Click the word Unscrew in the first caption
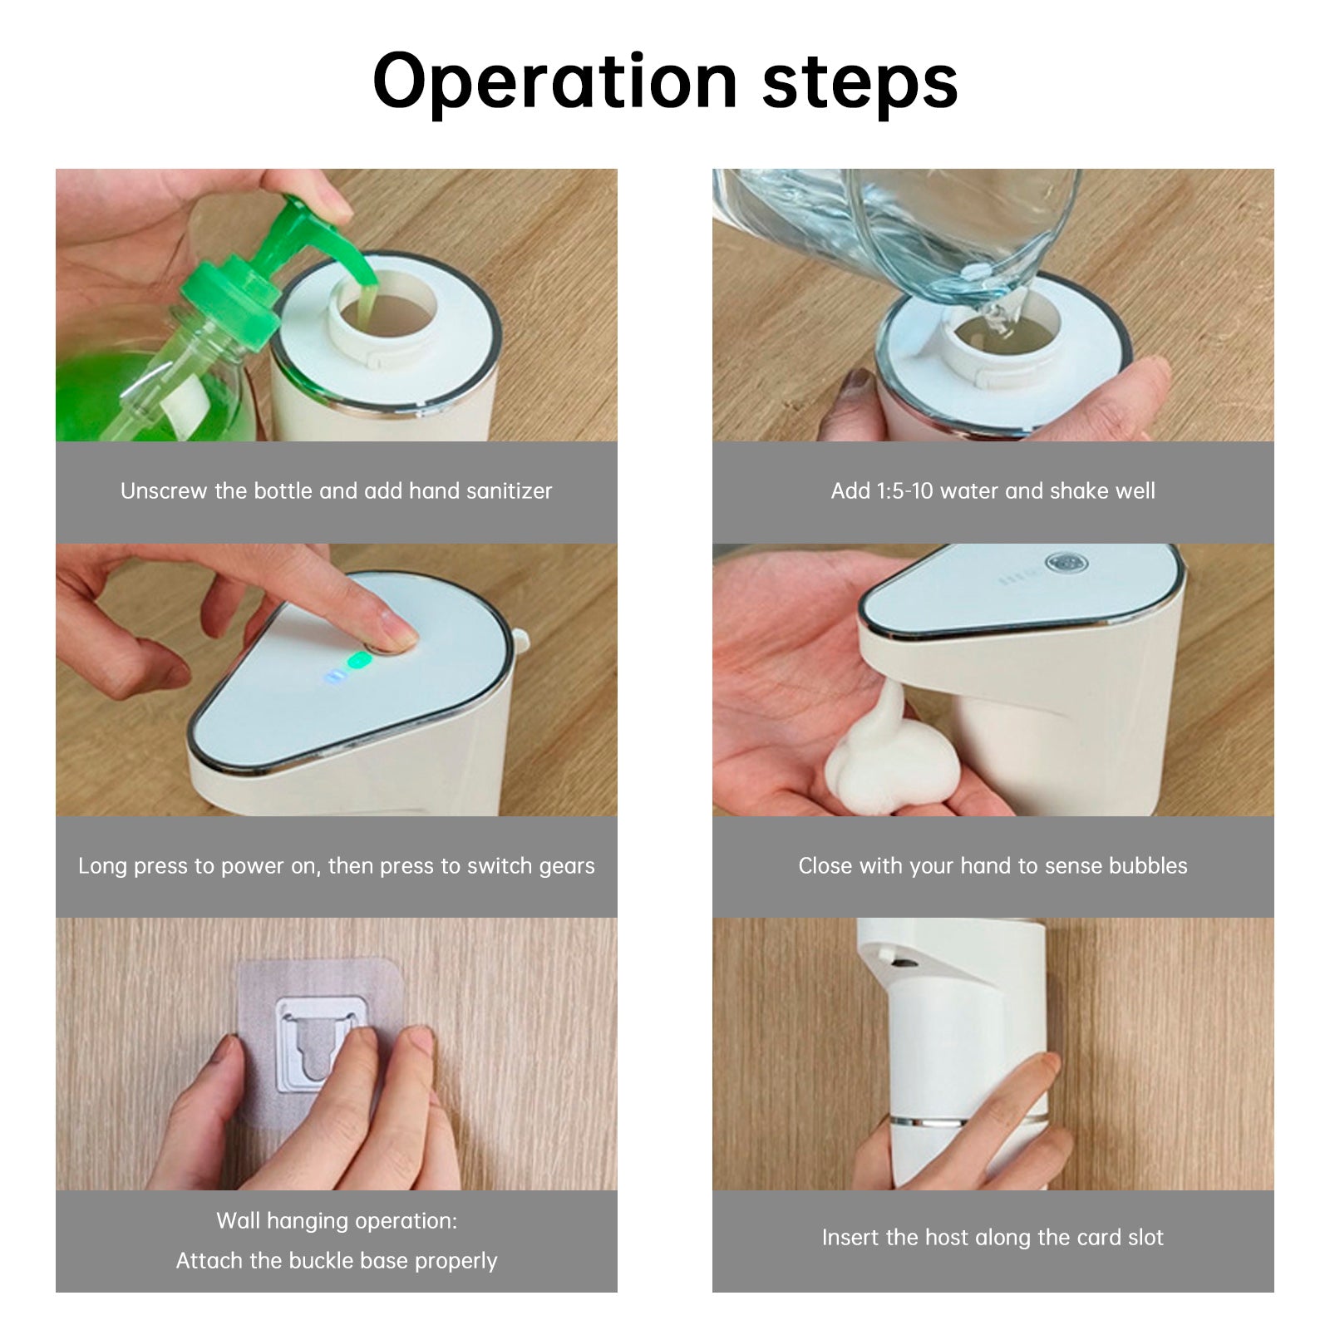(164, 490)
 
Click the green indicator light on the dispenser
(359, 661)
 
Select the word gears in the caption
(567, 866)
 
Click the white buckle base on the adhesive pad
(320, 1043)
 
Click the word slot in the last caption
(1145, 1237)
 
